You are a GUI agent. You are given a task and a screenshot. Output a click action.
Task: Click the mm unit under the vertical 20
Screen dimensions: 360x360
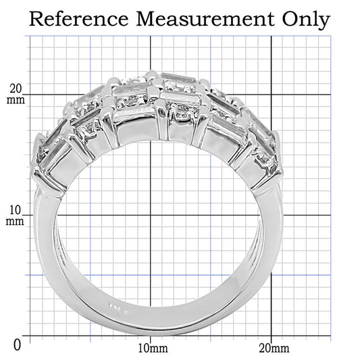point(16,101)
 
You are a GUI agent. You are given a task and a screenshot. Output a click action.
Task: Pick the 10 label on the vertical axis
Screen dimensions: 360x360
point(16,209)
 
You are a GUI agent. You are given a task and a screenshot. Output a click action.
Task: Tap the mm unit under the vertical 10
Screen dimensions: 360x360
point(16,221)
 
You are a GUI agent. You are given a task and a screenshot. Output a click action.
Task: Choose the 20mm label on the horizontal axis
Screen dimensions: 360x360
point(274,349)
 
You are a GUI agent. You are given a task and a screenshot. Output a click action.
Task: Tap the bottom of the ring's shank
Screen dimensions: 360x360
point(162,324)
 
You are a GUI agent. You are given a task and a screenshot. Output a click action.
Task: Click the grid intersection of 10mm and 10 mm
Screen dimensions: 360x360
point(151,215)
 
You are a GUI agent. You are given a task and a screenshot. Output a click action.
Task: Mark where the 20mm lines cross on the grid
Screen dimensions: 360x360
point(271,95)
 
